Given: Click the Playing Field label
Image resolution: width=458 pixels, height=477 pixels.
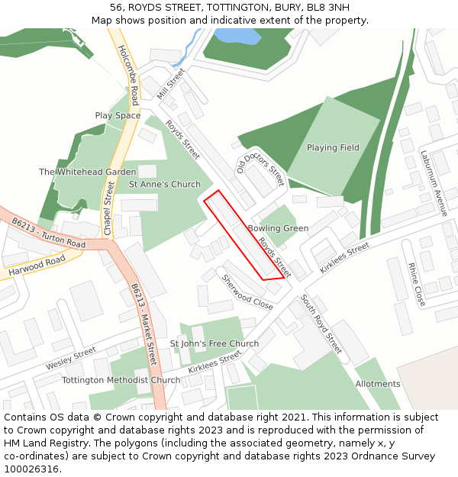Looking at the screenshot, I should [x=333, y=147].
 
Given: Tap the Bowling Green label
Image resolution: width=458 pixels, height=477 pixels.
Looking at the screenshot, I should [x=278, y=228].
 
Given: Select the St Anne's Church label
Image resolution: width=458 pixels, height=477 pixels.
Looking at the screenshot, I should [x=164, y=184].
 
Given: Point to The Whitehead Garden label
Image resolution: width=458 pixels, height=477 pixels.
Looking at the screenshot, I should [x=88, y=172].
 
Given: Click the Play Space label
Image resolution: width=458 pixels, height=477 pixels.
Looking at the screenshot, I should [x=118, y=115].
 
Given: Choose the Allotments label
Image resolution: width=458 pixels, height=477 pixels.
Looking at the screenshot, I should [x=377, y=384].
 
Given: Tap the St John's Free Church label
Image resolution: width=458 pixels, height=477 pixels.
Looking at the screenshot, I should [x=214, y=343].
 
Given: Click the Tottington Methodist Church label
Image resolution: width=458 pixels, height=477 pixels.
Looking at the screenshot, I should [x=121, y=380].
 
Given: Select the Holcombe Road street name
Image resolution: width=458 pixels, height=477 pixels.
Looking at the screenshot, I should [x=128, y=75].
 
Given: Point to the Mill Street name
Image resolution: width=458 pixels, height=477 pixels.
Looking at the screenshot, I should [x=171, y=84].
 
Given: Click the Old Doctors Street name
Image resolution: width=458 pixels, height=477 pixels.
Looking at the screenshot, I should [x=260, y=166].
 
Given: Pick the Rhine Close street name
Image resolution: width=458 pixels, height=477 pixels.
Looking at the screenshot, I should [x=416, y=284].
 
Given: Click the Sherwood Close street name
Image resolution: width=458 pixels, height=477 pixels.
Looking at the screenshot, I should [x=247, y=291].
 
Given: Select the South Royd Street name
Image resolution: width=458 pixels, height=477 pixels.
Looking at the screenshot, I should [x=321, y=323].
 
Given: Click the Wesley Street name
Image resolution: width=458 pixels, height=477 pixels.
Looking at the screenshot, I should [x=70, y=357].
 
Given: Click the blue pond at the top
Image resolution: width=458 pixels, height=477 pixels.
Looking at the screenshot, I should [x=237, y=36].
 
